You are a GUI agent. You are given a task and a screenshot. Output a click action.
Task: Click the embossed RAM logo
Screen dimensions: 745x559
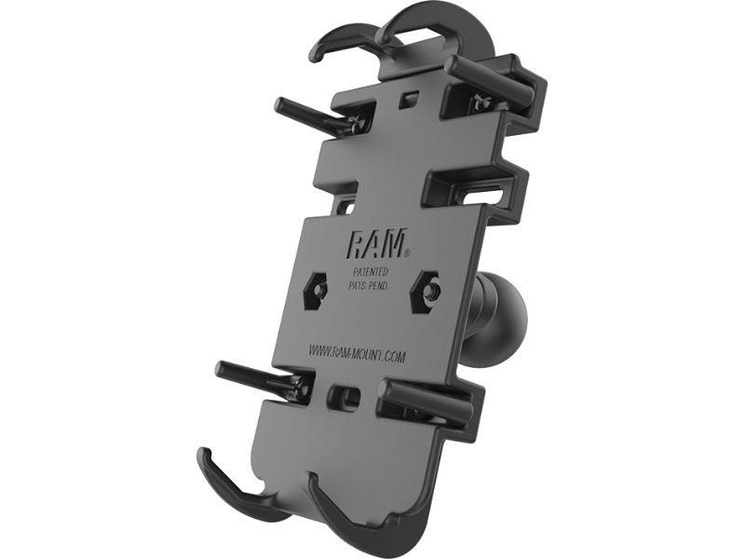375,243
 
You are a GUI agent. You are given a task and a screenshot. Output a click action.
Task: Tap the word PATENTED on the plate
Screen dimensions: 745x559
371,272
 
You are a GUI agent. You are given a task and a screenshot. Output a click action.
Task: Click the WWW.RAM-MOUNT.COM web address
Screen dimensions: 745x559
357,354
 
